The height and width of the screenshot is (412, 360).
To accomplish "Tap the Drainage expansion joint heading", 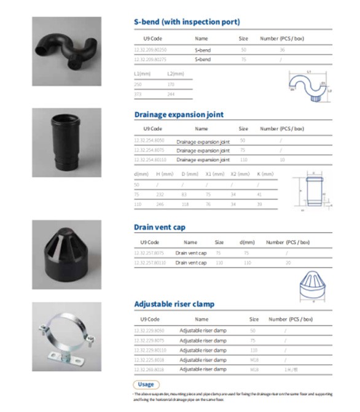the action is click(x=179, y=114).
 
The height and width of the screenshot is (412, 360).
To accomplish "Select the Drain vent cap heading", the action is click(x=159, y=227).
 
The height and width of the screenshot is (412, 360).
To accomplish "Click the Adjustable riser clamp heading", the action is click(x=174, y=304).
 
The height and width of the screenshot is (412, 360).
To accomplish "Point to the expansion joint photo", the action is click(x=67, y=142).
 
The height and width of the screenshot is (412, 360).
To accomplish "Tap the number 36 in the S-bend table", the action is click(x=282, y=49).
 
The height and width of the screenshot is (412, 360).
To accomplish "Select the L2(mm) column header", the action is click(x=175, y=74).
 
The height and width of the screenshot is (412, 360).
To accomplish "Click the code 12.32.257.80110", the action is click(x=150, y=263).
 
